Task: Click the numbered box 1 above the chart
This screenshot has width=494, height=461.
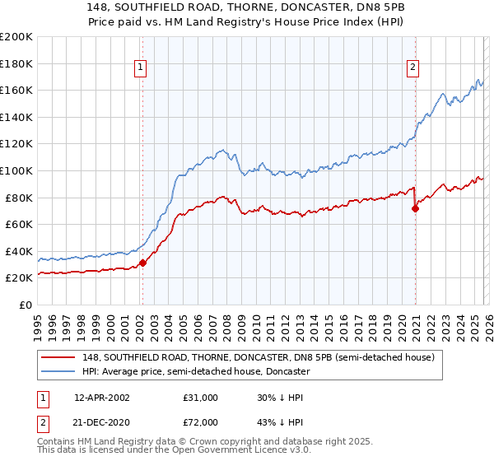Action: (142, 68)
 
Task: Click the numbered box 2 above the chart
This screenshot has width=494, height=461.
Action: (412, 68)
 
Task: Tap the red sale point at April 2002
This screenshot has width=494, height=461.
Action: (142, 263)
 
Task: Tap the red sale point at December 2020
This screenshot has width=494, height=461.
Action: (415, 208)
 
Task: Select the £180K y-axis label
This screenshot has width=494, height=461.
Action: (16, 63)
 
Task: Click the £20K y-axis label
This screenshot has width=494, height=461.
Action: (19, 278)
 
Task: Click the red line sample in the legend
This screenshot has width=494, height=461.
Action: (59, 357)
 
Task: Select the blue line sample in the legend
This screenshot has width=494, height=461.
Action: (59, 371)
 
